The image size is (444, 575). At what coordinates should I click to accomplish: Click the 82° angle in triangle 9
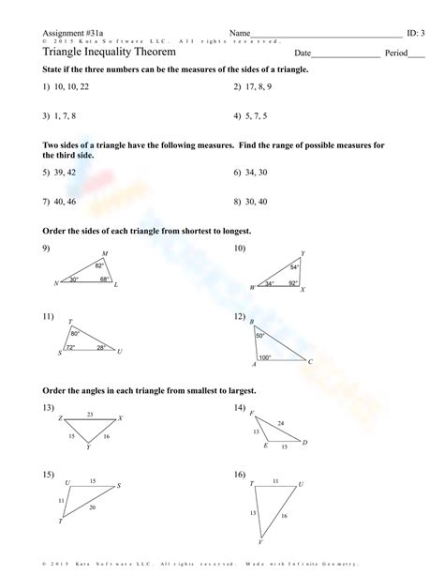pyautogui.click(x=99, y=266)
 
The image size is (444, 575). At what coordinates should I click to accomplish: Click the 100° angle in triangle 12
pyautogui.click(x=265, y=357)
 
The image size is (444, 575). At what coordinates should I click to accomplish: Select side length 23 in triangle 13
pyautogui.click(x=90, y=414)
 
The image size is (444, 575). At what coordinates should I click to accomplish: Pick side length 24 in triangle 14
pyautogui.click(x=281, y=423)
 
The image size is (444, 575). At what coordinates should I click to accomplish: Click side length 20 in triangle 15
pyautogui.click(x=91, y=507)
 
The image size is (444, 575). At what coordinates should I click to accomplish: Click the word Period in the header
pyautogui.click(x=396, y=53)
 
